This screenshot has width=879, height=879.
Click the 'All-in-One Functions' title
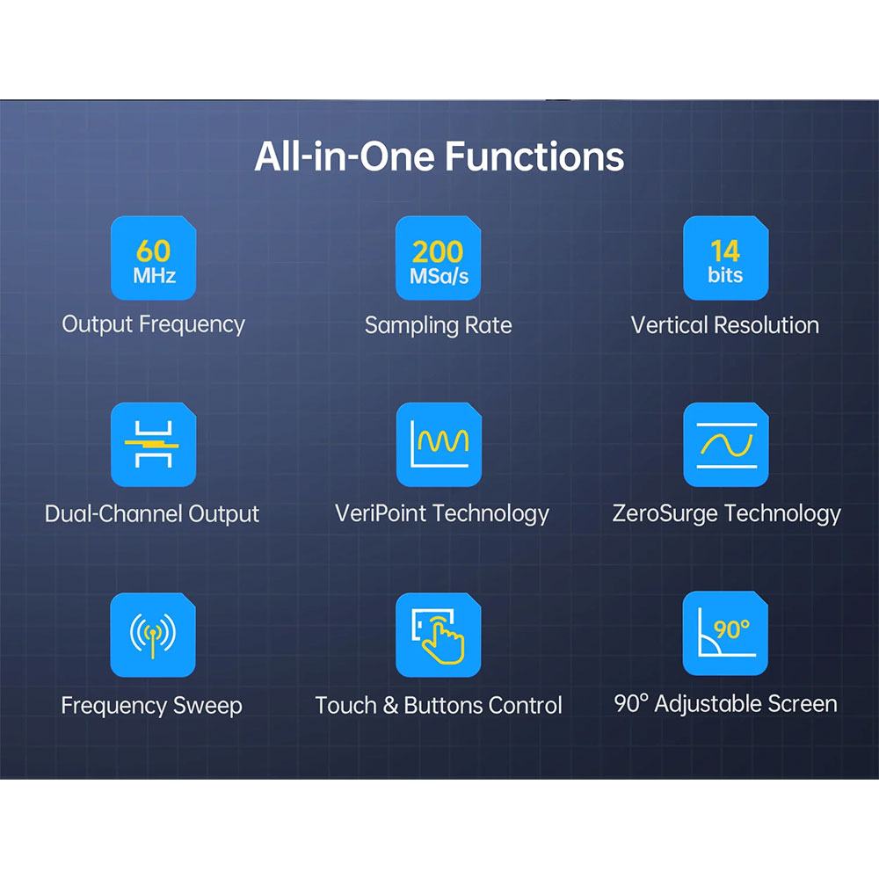[439, 156]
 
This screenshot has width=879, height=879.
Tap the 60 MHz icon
[154, 258]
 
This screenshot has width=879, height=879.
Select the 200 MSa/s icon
[439, 258]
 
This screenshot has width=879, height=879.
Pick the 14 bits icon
[725, 258]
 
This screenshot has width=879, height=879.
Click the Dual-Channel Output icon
[154, 445]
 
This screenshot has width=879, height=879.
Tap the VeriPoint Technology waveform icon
[439, 445]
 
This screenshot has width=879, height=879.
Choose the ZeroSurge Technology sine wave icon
[725, 445]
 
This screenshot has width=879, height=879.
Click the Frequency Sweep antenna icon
[153, 635]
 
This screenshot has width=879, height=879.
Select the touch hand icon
[439, 635]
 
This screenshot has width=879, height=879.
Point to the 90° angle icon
[725, 634]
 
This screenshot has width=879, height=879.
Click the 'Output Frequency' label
[154, 324]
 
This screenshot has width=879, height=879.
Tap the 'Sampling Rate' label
[439, 326]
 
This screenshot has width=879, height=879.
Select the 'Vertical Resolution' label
[725, 325]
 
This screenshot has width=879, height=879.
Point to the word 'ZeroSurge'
[665, 514]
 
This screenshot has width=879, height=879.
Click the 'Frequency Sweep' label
[151, 706]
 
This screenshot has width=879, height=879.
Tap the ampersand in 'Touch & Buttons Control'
[390, 706]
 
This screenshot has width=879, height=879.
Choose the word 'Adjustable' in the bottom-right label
[707, 705]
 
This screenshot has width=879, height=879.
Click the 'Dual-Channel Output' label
[152, 514]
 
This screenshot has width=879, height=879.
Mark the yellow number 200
[438, 251]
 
